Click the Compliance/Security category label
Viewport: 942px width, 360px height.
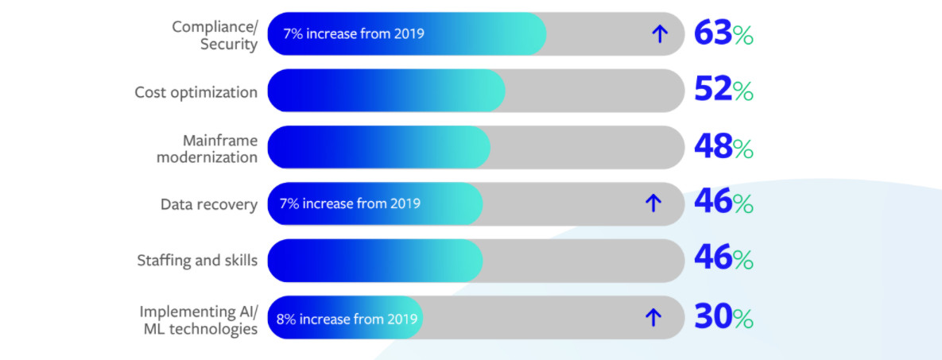click(215, 36)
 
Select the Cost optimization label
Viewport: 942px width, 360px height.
click(196, 92)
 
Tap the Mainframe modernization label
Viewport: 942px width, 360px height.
click(207, 149)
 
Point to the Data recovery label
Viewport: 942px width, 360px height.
click(209, 204)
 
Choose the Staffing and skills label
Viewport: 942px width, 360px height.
click(198, 260)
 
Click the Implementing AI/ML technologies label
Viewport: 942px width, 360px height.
click(199, 320)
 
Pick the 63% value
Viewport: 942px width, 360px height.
click(723, 33)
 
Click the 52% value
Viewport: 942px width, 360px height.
click(723, 91)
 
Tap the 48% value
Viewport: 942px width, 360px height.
click(723, 147)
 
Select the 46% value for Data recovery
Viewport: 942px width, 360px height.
click(723, 203)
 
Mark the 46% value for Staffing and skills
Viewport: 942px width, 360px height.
click(723, 260)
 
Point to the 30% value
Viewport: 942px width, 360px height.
click(723, 317)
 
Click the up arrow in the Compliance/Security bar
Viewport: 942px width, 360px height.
click(660, 34)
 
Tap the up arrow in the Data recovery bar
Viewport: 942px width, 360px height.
click(653, 203)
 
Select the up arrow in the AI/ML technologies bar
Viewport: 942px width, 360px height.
click(653, 317)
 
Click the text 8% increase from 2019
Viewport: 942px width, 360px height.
click(347, 318)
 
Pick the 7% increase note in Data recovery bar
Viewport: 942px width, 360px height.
click(351, 203)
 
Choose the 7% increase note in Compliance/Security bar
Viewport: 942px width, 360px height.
click(354, 33)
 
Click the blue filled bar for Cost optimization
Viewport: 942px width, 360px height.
click(386, 91)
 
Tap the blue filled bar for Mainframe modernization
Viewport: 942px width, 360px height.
click(379, 147)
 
